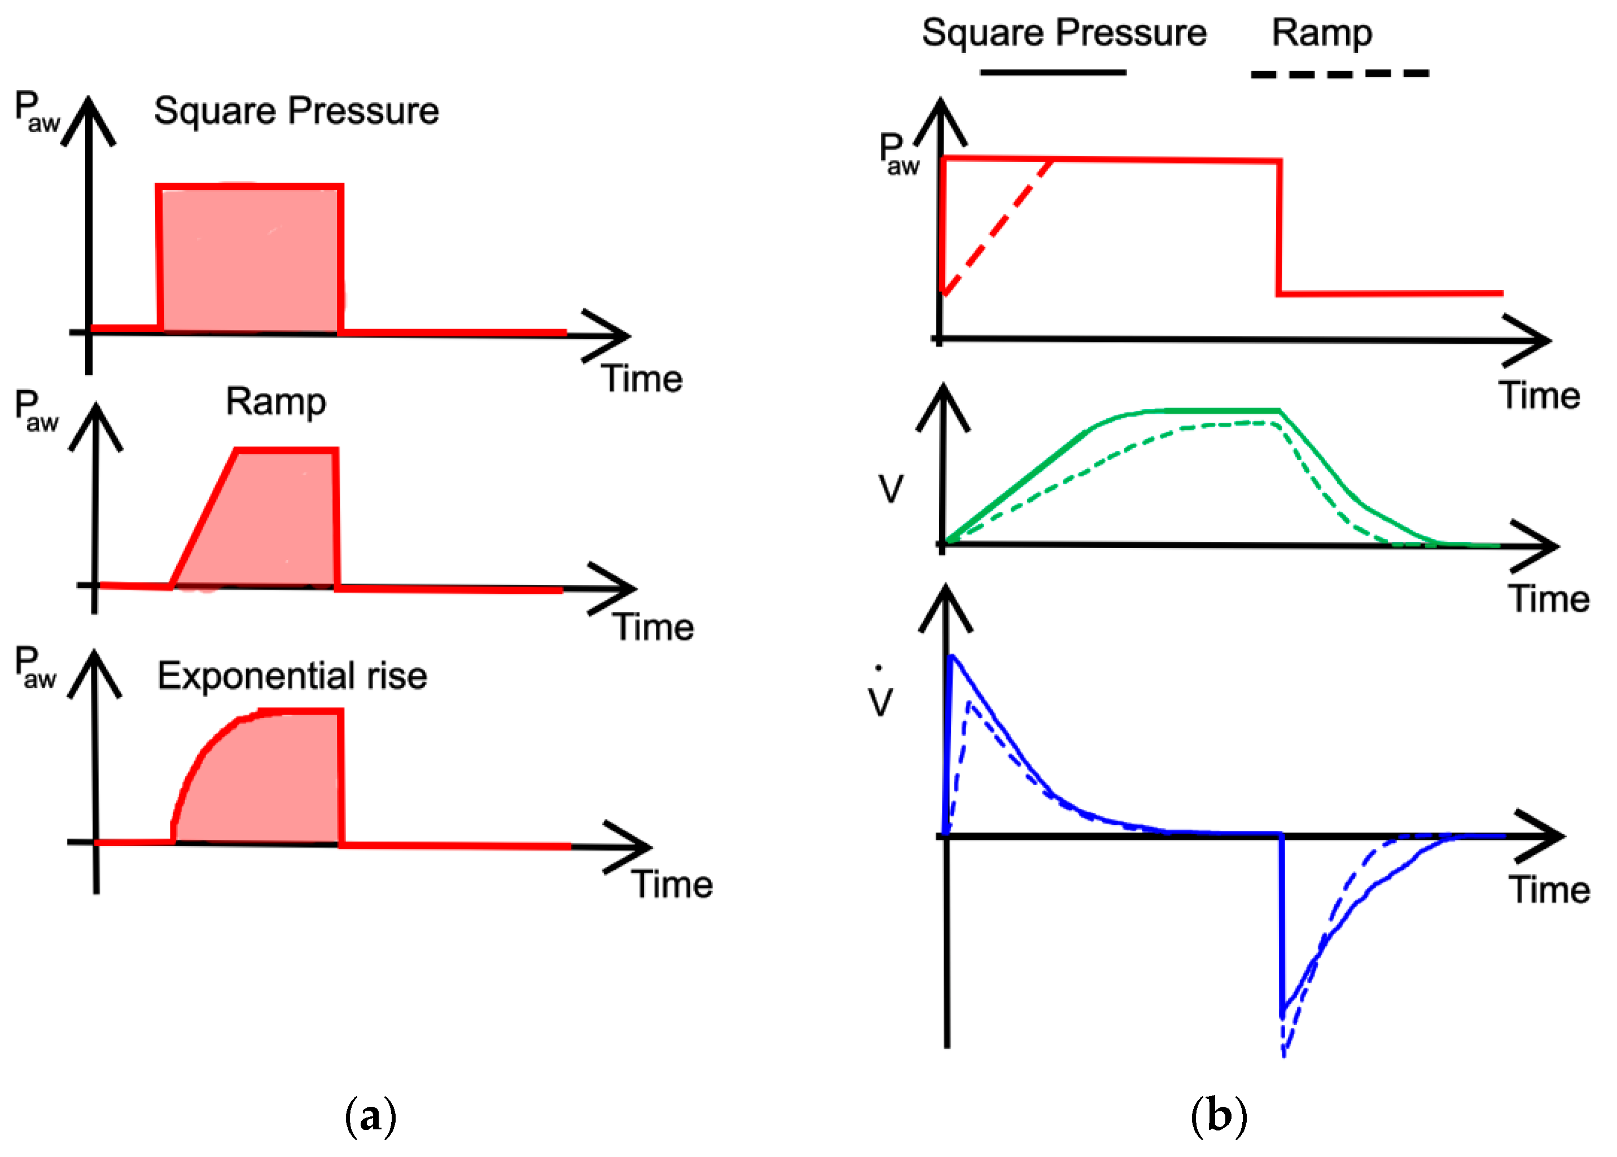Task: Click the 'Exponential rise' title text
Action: [291, 676]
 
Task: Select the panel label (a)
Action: [370, 1115]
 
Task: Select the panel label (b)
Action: [1218, 1115]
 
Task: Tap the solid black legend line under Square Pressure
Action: [1052, 72]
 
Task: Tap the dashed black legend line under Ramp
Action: [1339, 73]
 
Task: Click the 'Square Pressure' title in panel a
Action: [296, 111]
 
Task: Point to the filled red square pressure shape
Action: [249, 260]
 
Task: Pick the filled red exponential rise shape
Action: [278, 784]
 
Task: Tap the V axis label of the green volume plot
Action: [891, 489]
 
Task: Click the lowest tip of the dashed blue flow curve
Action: [1283, 1054]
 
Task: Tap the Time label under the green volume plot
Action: [1549, 598]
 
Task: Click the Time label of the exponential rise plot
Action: [672, 884]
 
